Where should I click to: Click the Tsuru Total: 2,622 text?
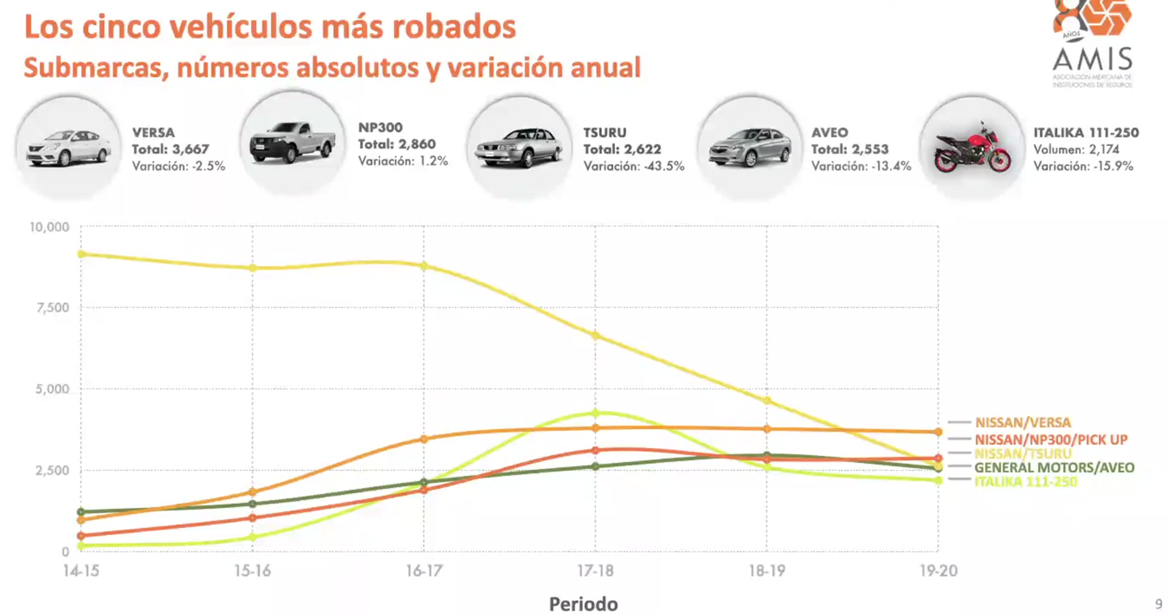pyautogui.click(x=622, y=149)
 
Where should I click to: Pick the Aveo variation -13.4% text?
pyautogui.click(x=861, y=166)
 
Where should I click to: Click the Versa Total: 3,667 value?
pyautogui.click(x=170, y=149)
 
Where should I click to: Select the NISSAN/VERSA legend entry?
pyautogui.click(x=1022, y=423)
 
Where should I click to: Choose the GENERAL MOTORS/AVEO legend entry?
pyautogui.click(x=1054, y=468)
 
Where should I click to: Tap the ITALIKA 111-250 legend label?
pyautogui.click(x=1025, y=482)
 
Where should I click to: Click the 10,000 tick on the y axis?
pyautogui.click(x=49, y=227)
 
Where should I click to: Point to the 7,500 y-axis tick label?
pyautogui.click(x=52, y=308)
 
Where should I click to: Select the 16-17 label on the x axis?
pyautogui.click(x=423, y=571)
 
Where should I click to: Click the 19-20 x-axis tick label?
pyautogui.click(x=938, y=571)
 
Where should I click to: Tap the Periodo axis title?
pyautogui.click(x=583, y=604)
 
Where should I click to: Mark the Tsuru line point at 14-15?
pyautogui.click(x=81, y=254)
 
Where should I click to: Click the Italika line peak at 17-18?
pyautogui.click(x=595, y=413)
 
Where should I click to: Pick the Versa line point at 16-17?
pyautogui.click(x=424, y=439)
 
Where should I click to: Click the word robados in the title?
pyautogui.click(x=454, y=27)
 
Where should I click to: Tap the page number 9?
pyautogui.click(x=1158, y=604)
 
